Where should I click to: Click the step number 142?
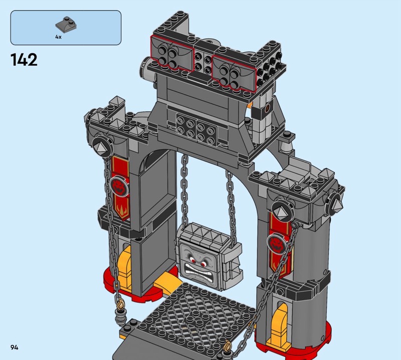(x=24, y=60)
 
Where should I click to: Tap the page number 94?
(x=15, y=347)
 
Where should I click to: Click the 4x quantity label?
(x=58, y=37)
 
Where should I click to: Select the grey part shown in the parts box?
(x=66, y=25)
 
